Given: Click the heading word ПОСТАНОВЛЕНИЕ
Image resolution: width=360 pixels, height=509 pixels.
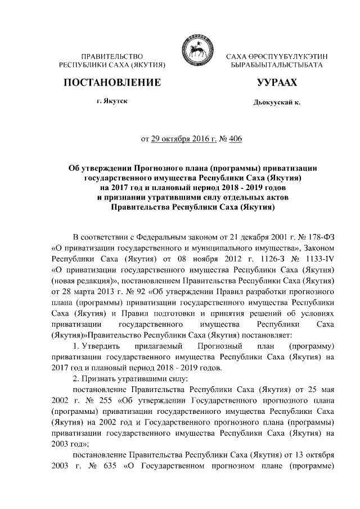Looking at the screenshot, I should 111,82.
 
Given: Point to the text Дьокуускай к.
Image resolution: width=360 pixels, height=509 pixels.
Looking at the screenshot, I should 277,103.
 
